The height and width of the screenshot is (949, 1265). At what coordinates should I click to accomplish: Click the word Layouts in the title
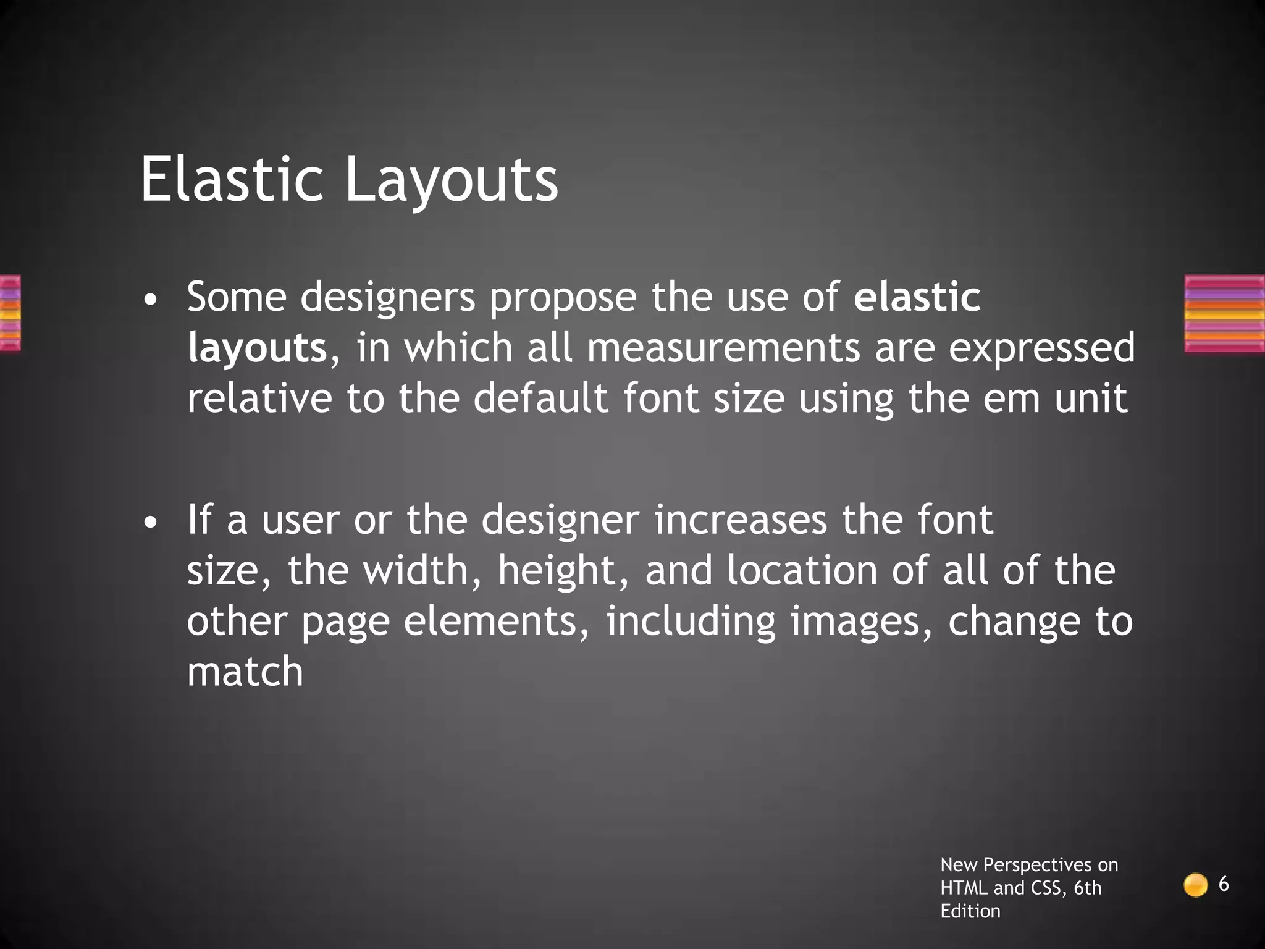click(452, 180)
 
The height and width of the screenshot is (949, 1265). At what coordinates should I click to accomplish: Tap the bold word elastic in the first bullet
click(917, 297)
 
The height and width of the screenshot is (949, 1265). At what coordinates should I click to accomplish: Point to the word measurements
click(723, 347)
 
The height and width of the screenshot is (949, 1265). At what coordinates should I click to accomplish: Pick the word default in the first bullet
click(540, 398)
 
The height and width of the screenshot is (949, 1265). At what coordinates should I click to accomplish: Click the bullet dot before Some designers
click(149, 302)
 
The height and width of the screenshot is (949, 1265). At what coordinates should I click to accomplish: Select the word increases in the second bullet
click(740, 520)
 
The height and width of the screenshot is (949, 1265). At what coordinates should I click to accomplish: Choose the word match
click(245, 672)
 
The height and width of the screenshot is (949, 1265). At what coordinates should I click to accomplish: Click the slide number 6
click(1223, 885)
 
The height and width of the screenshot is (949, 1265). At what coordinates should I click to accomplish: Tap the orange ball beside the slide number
click(1195, 885)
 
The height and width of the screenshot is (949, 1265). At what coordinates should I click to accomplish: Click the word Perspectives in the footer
click(1028, 864)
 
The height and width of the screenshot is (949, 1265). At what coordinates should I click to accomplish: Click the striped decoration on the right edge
click(1224, 313)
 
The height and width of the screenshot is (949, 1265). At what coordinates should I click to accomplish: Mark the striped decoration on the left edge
click(10, 313)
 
